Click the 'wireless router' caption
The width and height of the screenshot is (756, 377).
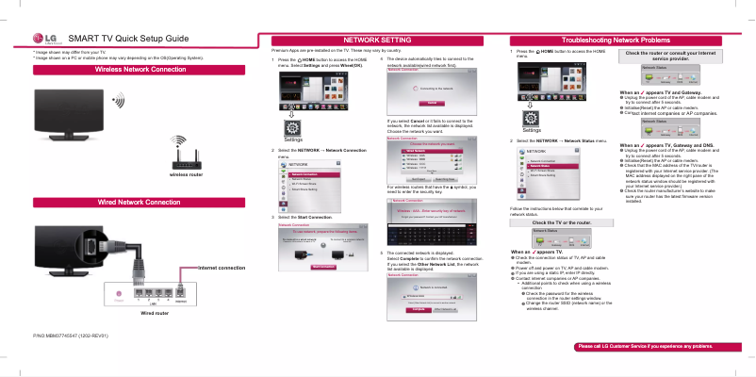[x=186, y=174]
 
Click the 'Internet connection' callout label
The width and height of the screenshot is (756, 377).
[x=222, y=269]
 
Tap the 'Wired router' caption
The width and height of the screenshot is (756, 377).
[x=155, y=312]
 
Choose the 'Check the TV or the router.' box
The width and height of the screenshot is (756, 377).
[x=561, y=222]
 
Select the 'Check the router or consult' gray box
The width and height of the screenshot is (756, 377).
[x=677, y=57]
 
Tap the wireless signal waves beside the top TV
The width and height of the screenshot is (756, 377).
[x=118, y=99]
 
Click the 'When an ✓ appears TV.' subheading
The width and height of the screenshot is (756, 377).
[x=536, y=253]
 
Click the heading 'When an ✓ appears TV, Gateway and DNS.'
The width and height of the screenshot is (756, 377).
[x=667, y=145]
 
